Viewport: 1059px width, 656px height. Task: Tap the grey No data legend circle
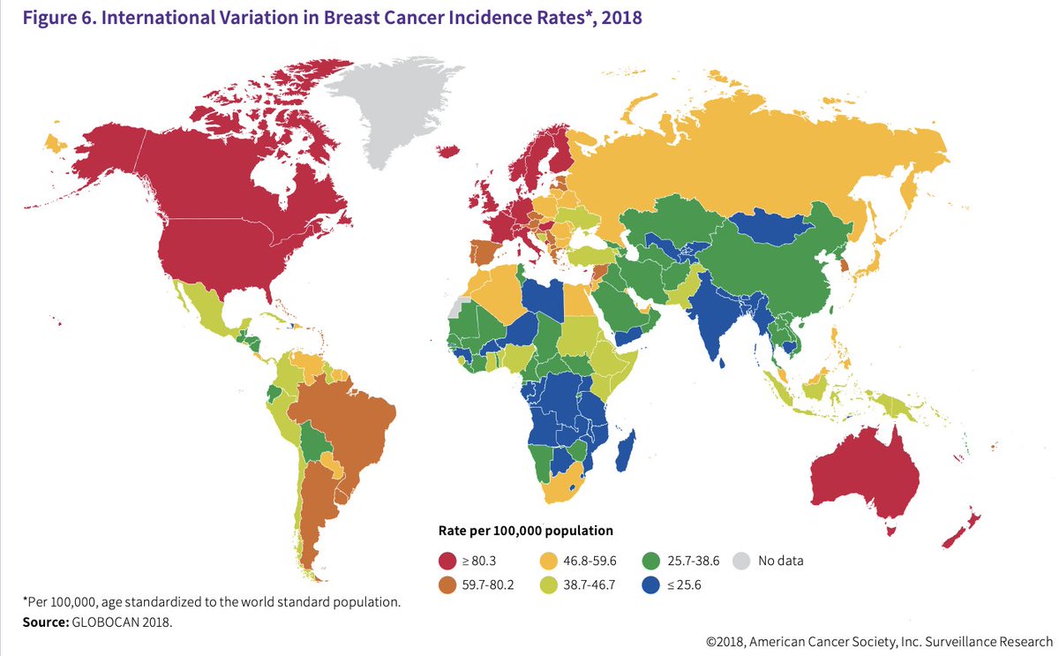pos(743,561)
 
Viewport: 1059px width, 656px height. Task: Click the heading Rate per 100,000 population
pos(526,531)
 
